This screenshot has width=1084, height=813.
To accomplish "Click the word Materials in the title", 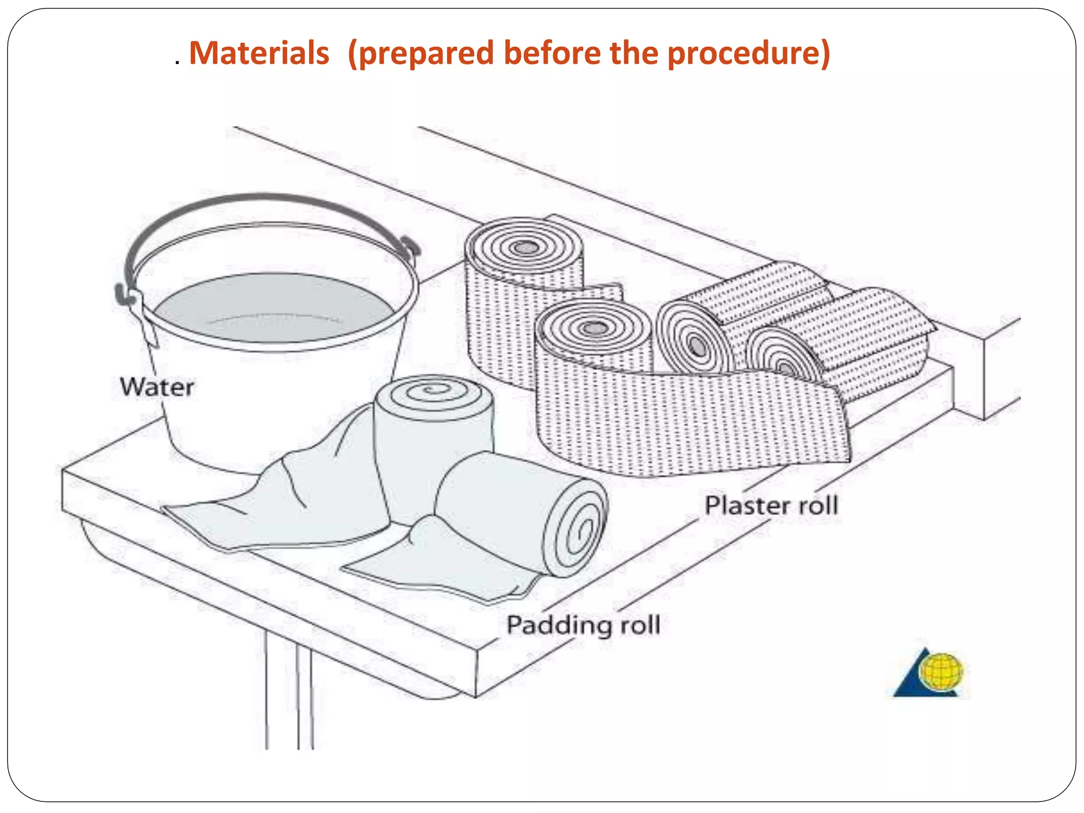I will pyautogui.click(x=259, y=53).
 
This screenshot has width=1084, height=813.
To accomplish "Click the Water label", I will pyautogui.click(x=157, y=387).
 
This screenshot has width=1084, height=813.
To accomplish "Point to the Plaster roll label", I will pyautogui.click(x=771, y=505).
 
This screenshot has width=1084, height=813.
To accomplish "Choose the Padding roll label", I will pyautogui.click(x=583, y=625).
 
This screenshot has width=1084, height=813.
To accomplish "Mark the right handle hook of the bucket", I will pyautogui.click(x=410, y=247).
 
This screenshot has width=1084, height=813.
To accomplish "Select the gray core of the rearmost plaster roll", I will pyautogui.click(x=526, y=247).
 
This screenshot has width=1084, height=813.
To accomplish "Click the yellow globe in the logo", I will pyautogui.click(x=941, y=672).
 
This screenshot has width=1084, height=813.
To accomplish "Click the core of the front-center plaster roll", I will pyautogui.click(x=595, y=329).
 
